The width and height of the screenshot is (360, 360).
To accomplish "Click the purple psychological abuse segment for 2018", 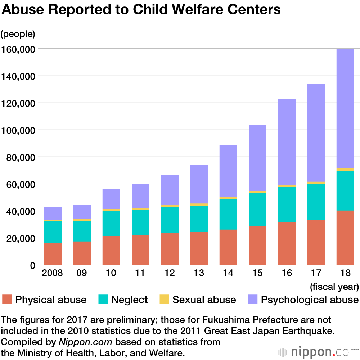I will [x=345, y=108].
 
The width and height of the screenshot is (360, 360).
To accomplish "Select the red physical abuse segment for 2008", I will [x=53, y=254].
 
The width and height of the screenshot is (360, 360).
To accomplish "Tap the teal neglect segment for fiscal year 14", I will [x=228, y=214].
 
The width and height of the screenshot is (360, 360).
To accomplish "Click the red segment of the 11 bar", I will [x=140, y=250].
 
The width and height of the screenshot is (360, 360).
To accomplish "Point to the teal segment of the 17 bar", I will [x=316, y=202].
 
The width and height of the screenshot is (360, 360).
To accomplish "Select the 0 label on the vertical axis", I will [x=32, y=266].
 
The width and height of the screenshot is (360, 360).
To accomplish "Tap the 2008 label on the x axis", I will [x=53, y=273].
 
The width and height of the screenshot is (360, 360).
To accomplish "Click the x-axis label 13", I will [x=199, y=273].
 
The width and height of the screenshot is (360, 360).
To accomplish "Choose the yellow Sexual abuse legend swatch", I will [x=165, y=300].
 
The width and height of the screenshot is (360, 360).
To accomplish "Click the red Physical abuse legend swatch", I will [x=7, y=300].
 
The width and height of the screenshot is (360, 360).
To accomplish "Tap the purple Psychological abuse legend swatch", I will [x=253, y=300].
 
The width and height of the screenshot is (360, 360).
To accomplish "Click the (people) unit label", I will [x=18, y=34].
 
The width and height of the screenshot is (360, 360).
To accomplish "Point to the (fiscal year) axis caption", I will [x=334, y=287].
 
